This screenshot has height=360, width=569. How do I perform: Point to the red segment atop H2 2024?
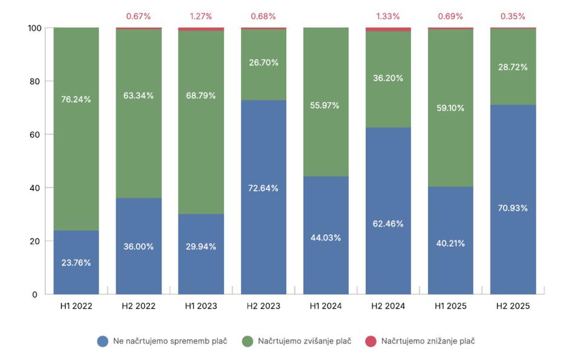(388, 29)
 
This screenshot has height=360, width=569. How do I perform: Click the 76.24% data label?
(76, 99)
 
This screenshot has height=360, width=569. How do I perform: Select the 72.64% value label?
(263, 188)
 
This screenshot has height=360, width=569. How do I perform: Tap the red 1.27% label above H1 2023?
(201, 16)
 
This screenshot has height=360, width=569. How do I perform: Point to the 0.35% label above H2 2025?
(513, 16)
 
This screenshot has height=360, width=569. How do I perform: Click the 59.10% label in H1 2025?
(450, 108)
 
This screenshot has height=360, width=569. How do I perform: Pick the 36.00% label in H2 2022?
(139, 247)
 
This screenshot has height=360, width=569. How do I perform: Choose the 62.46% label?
(388, 223)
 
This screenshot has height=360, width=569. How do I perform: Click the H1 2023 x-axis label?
(201, 306)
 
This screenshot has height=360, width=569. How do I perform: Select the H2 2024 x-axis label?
(388, 306)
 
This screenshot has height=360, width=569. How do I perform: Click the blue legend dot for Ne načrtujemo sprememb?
(103, 341)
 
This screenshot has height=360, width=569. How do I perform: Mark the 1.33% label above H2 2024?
(388, 16)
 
